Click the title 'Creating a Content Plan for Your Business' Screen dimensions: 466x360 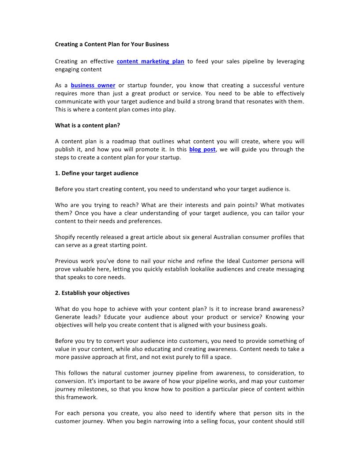click(x=112, y=45)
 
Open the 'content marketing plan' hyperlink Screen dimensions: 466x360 click(x=150, y=61)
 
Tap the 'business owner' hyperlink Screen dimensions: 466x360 click(x=93, y=86)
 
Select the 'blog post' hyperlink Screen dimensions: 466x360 click(x=202, y=150)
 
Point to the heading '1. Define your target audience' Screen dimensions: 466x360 click(x=97, y=173)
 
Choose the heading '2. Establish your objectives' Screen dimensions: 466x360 click(x=92, y=293)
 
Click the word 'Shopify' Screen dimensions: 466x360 click(x=66, y=237)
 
